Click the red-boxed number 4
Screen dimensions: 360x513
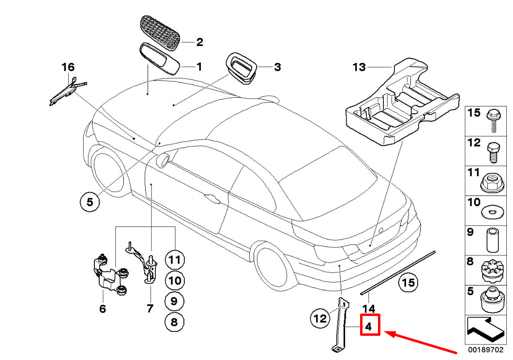(x=369, y=326)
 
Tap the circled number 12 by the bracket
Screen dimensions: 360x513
(x=320, y=318)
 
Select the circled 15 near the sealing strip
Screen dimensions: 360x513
(x=408, y=282)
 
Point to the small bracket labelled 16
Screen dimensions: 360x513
(x=67, y=90)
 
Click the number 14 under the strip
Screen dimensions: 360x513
(x=368, y=308)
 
